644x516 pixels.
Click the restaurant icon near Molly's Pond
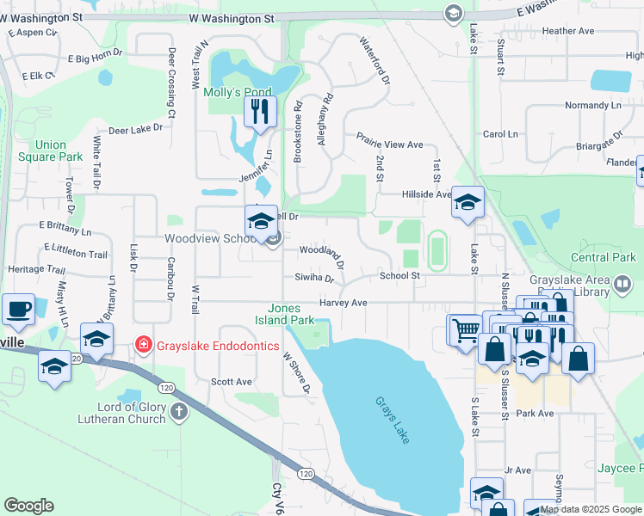click(259, 112)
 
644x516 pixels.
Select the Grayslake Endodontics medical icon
click(143, 346)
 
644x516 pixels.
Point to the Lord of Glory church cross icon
click(178, 411)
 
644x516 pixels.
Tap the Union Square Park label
click(50, 150)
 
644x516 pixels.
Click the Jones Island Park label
click(290, 314)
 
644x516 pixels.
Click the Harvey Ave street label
click(343, 303)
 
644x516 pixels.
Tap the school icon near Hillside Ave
click(468, 203)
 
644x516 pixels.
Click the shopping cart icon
click(465, 329)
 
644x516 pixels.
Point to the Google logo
click(28, 506)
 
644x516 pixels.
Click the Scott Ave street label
click(231, 382)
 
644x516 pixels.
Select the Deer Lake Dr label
click(135, 129)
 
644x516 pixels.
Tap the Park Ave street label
click(535, 414)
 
